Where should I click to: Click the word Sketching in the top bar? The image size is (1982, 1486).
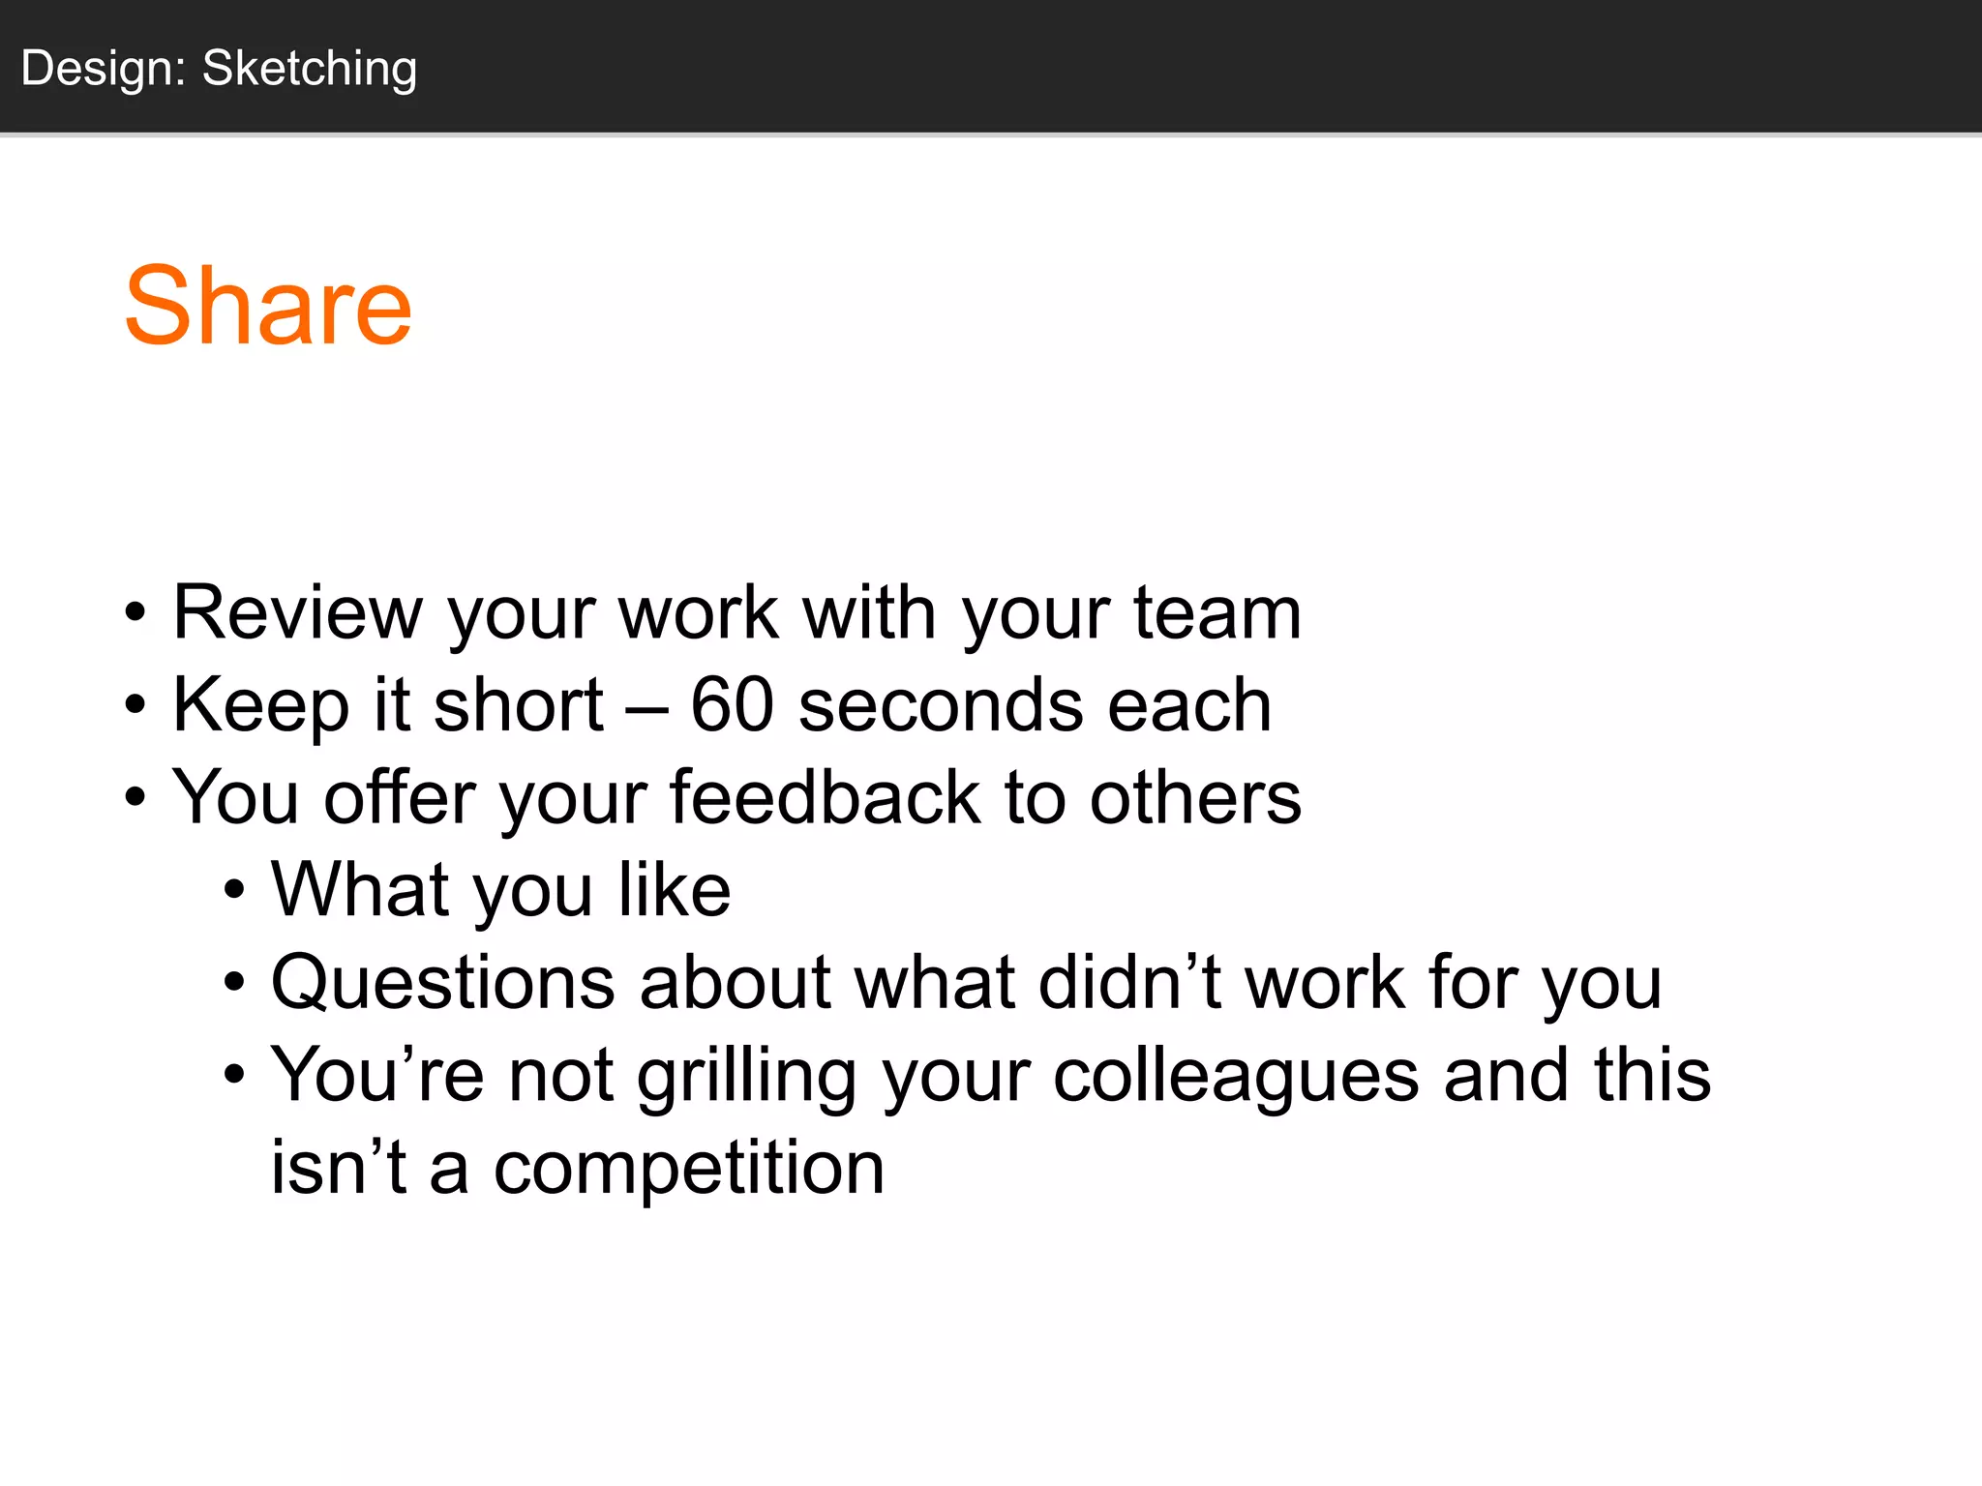click(x=310, y=69)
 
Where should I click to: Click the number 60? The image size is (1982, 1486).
click(x=733, y=704)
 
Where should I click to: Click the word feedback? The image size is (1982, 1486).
click(x=825, y=797)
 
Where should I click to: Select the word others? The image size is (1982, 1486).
click(x=1196, y=797)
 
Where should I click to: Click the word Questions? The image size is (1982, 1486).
click(x=443, y=983)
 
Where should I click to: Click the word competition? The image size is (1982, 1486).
click(x=689, y=1168)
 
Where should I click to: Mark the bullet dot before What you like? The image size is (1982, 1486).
click(x=234, y=891)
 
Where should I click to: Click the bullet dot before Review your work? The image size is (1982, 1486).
click(x=135, y=613)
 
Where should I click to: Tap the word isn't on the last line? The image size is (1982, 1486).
click(x=338, y=1167)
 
